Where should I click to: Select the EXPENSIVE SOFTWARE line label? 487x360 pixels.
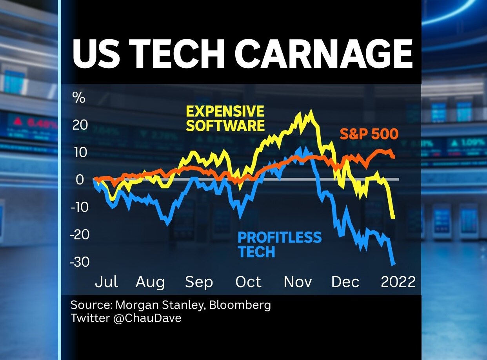[x=225, y=118]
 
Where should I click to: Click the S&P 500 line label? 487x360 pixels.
[x=369, y=134]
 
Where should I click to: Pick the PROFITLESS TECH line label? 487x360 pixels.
[x=280, y=244]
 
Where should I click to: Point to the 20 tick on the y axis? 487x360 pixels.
[x=80, y=125]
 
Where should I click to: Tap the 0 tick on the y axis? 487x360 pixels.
[x=80, y=179]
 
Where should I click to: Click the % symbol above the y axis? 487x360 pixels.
[x=79, y=98]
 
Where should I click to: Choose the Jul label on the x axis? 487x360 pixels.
[x=106, y=282]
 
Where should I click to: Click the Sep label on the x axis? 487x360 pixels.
[x=199, y=282]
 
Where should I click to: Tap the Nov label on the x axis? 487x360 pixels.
[x=298, y=282]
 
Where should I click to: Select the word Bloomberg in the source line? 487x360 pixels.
[x=240, y=305]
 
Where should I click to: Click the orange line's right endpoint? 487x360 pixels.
[x=394, y=156]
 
